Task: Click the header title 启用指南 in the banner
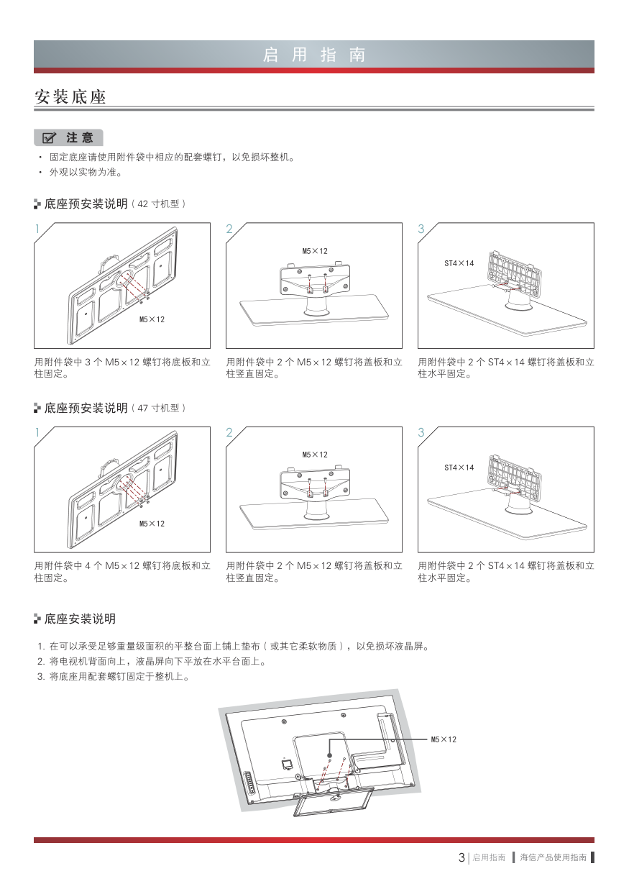pos(314,55)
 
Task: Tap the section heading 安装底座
pos(70,96)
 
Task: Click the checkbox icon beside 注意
pos(49,137)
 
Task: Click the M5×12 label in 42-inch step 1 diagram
pos(152,319)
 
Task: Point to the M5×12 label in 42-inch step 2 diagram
pos(315,251)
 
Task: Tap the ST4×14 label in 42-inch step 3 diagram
pos(459,263)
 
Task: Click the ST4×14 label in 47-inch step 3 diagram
pos(459,468)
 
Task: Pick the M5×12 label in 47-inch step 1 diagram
pos(152,524)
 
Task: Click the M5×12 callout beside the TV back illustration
pos(444,739)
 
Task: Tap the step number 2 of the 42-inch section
pos(229,229)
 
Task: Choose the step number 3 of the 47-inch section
pos(421,432)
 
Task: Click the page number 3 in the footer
pos(462,857)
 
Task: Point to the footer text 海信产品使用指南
pos(553,857)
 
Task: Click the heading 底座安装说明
pos(80,619)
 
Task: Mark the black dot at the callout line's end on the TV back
pos(330,756)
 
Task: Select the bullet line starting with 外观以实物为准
pos(86,173)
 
